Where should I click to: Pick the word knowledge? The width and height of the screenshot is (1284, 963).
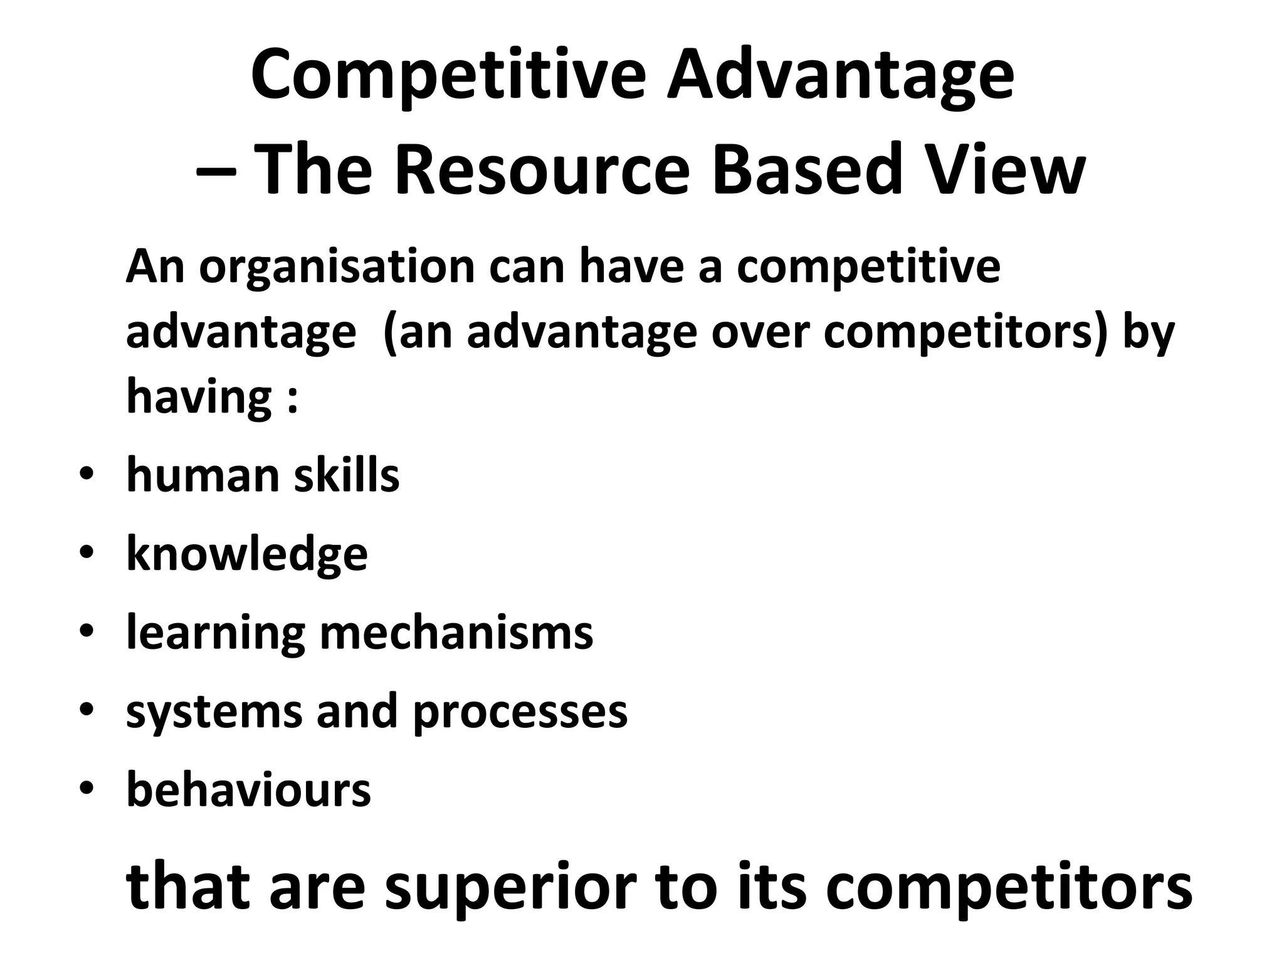tap(247, 555)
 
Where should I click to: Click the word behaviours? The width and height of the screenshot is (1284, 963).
tap(248, 789)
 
